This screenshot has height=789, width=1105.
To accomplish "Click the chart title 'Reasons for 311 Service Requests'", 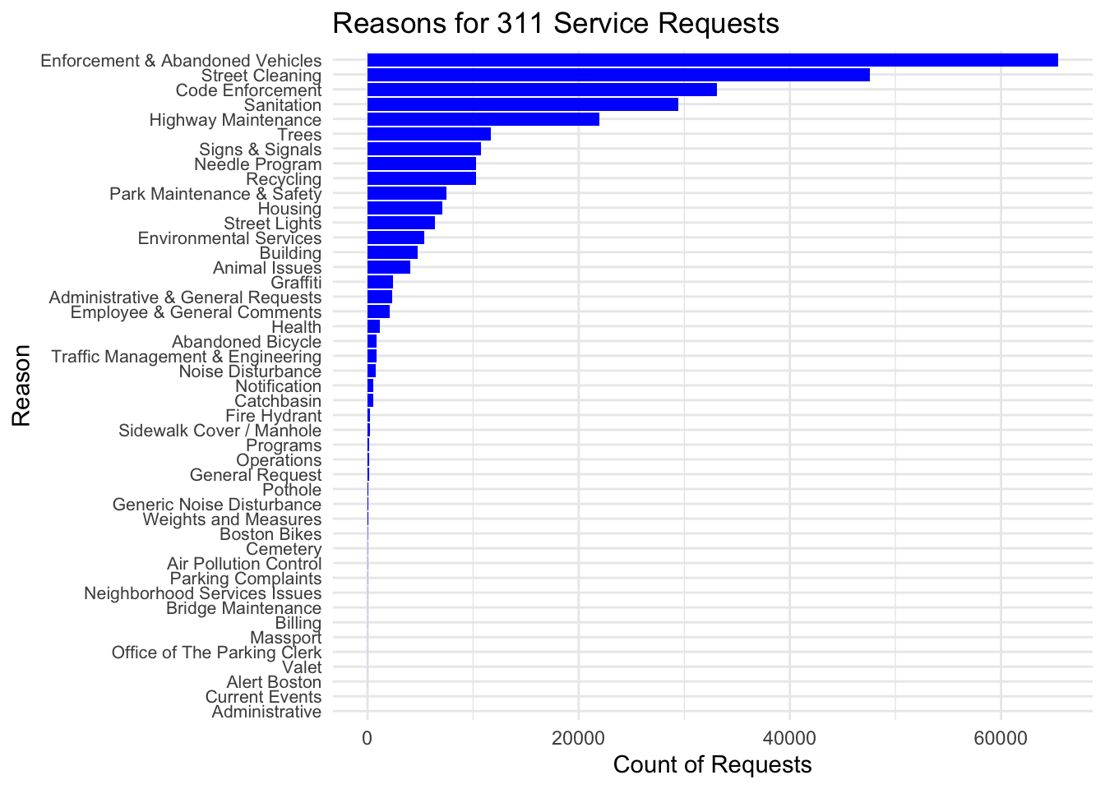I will tap(556, 23).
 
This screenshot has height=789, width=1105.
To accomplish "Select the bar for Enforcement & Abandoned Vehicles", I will tap(712, 60).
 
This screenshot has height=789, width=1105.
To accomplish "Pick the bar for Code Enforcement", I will tap(542, 90).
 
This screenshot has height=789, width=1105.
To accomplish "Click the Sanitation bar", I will tap(522, 104).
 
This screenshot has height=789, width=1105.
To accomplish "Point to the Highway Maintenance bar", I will tap(483, 119).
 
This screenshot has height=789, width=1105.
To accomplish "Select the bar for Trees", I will tap(428, 134).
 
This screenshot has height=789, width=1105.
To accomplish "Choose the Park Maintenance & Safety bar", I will tap(406, 193).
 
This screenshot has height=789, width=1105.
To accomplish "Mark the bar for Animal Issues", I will tap(388, 267).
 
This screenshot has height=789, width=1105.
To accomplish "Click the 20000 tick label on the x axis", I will tap(578, 738).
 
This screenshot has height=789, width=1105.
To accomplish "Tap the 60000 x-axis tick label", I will tap(1001, 738).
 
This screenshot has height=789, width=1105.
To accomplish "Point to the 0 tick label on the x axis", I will tap(367, 738).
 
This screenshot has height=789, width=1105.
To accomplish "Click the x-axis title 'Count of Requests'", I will tap(712, 765).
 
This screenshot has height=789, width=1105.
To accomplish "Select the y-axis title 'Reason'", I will tap(21, 385).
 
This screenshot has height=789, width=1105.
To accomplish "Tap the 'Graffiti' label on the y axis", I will tap(296, 283).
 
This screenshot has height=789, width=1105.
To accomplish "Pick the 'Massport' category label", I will tap(285, 638).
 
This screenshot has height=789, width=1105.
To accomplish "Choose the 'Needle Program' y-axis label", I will tap(257, 164).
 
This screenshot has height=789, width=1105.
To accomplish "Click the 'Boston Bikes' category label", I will tap(270, 534).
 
